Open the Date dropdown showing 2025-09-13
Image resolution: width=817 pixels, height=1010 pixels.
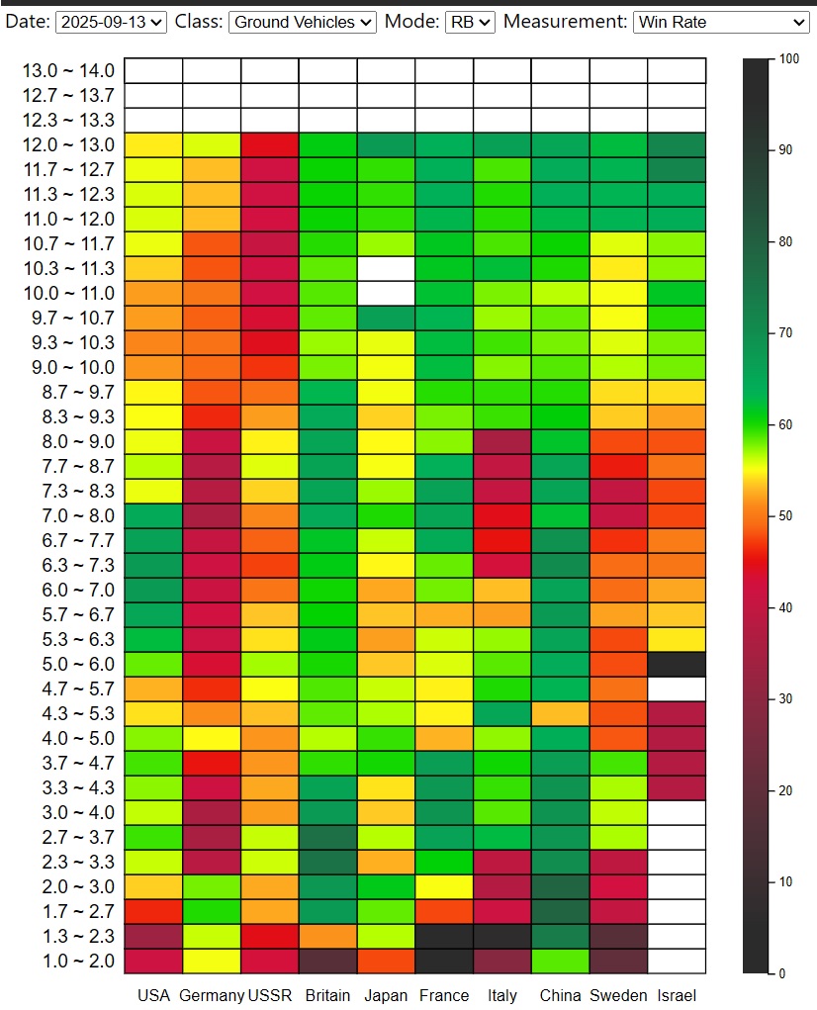point(112,22)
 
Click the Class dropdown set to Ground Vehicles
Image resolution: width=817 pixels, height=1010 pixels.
point(302,22)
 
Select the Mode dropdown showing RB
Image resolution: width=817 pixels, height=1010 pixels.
point(470,22)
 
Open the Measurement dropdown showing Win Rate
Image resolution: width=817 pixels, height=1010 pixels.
point(721,22)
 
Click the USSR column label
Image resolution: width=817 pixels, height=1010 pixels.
point(270,995)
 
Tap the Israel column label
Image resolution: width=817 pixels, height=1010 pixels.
point(677,995)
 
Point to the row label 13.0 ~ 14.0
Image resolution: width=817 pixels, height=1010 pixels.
point(69,71)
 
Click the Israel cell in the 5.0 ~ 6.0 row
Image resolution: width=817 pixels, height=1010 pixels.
point(677,665)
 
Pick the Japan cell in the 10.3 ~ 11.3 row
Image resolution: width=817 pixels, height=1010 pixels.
point(387,269)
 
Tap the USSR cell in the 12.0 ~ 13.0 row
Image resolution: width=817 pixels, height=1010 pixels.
point(270,145)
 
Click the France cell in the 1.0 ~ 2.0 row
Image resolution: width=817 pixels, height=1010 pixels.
point(445,962)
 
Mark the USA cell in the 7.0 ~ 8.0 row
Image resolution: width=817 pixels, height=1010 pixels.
point(153,516)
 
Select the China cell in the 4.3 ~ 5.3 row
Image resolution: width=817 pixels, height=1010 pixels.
point(561,714)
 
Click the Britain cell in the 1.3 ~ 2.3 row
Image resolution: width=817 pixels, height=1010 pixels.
point(328,937)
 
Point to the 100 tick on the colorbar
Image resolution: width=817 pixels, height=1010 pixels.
point(788,59)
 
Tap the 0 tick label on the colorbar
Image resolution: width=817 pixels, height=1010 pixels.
point(782,973)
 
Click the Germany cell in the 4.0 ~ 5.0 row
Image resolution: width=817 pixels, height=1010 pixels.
point(212,739)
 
